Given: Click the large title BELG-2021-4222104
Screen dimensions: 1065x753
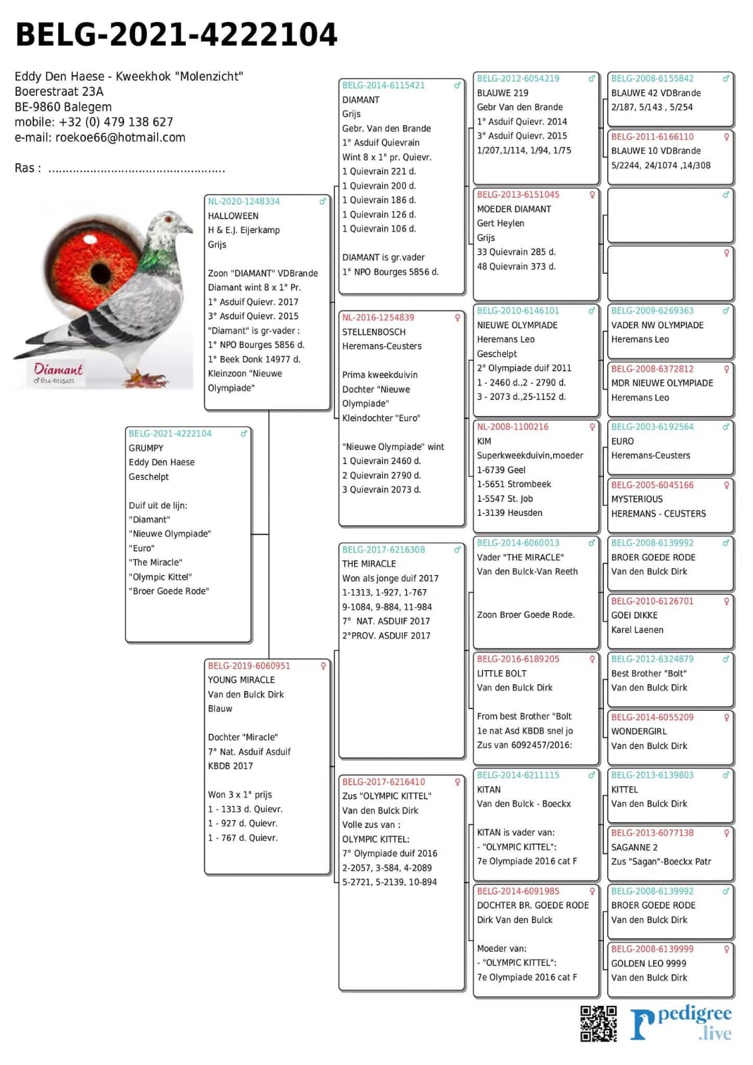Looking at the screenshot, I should point(176,35).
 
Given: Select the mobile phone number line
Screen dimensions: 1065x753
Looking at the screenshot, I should point(94,122).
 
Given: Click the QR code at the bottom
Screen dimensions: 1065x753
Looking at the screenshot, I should point(598,1023).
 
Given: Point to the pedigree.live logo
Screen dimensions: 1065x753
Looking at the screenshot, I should point(682,1023).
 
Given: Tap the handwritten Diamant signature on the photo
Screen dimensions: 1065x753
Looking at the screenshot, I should point(59,369).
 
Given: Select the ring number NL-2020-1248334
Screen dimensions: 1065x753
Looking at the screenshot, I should point(244,202).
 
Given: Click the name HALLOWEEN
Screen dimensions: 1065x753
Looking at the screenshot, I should point(233,216).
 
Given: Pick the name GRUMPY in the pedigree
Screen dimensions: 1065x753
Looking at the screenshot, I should point(146,449).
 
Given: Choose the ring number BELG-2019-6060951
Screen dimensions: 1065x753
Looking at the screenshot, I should point(249,666).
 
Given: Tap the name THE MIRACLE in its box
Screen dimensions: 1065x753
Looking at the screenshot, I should point(369,564).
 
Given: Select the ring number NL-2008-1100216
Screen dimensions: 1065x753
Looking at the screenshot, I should point(513,427).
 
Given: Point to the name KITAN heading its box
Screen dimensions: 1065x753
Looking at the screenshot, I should point(489,790).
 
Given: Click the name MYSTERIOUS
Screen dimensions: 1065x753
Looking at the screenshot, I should point(636,499).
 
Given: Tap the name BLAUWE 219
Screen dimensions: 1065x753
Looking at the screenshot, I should point(503,93).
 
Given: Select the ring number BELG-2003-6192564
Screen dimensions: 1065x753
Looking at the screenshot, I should point(652,427).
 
